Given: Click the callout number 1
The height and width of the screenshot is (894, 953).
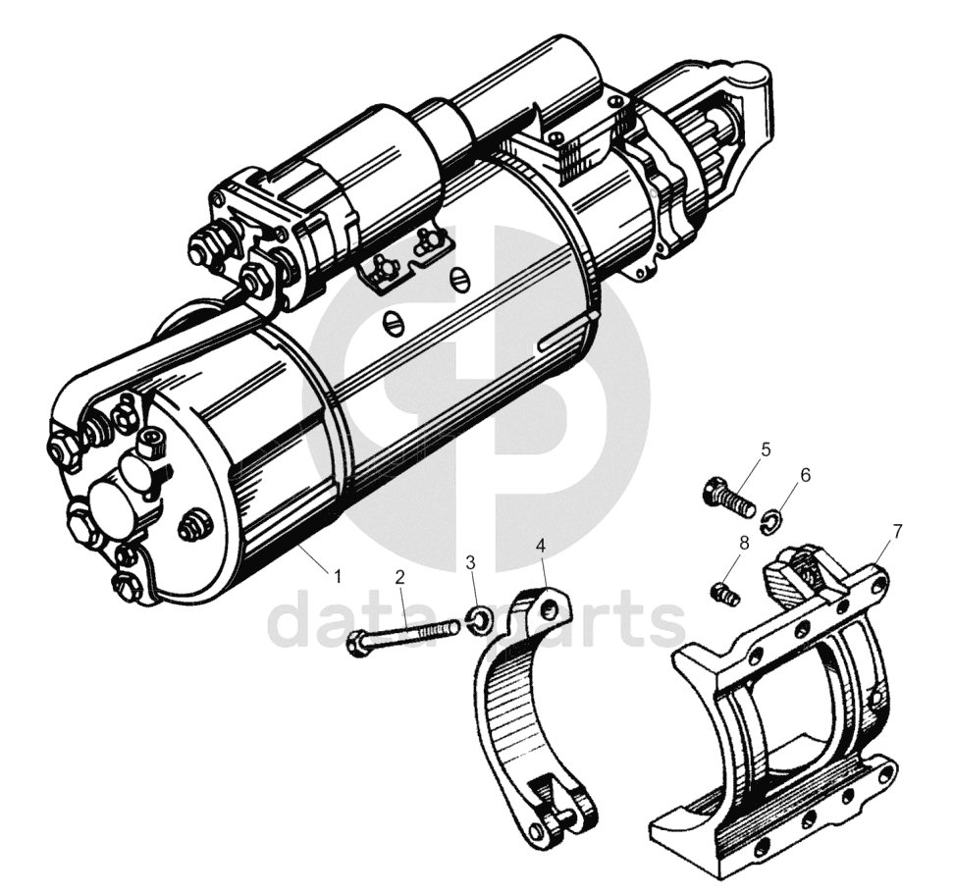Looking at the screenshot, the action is click(x=338, y=575).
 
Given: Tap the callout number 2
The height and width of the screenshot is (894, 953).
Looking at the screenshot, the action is click(x=399, y=577).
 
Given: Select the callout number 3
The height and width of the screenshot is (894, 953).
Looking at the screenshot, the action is click(x=470, y=561).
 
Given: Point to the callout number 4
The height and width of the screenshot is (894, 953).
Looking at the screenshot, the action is click(x=541, y=545).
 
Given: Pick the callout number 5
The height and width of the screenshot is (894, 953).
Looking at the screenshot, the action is click(x=766, y=449).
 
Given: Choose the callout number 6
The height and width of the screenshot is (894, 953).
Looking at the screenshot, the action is click(x=806, y=476).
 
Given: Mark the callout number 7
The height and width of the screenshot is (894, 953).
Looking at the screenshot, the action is click(x=898, y=531).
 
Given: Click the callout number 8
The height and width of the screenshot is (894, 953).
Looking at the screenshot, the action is click(x=744, y=544).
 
